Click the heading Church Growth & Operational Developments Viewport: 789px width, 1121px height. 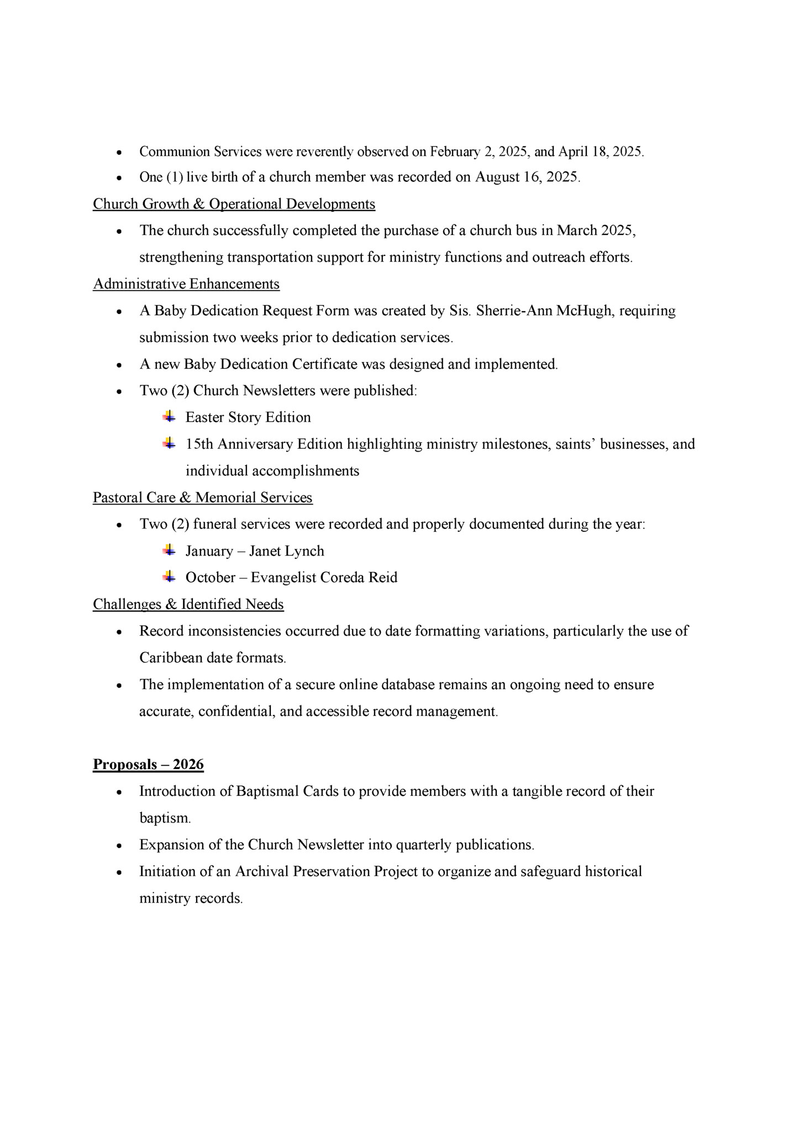coord(234,204)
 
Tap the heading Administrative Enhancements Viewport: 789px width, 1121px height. coord(186,284)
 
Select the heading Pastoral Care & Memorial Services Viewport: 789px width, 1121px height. coord(202,497)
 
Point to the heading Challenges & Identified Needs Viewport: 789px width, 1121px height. coord(188,604)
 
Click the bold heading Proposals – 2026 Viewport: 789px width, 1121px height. coord(148,764)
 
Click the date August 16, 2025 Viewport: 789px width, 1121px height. coord(527,177)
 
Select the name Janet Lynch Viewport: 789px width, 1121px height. coord(286,551)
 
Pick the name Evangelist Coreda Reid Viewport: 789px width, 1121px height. coord(324,578)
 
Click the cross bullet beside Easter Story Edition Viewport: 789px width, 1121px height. coord(169,416)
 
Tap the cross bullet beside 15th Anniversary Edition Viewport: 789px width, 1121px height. coord(169,443)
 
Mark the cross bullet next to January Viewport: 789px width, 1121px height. coord(169,550)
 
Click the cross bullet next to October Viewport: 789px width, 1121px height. coord(169,577)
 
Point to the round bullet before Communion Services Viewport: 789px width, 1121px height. coord(119,152)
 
